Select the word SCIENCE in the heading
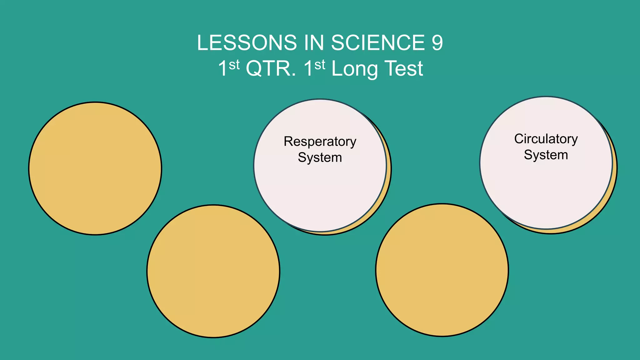point(378,43)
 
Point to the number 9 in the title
point(437,43)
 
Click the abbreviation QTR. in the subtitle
point(271,69)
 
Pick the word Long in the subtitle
point(354,69)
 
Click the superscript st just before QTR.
point(234,65)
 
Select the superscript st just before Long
point(320,65)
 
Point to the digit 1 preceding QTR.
point(222,69)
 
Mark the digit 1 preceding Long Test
point(308,69)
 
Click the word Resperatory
point(320,142)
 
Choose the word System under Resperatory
point(320,157)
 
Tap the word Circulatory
point(546,139)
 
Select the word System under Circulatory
point(546,155)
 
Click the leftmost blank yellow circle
point(95,168)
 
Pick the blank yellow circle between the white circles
point(442,270)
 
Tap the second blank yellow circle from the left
point(213,271)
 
